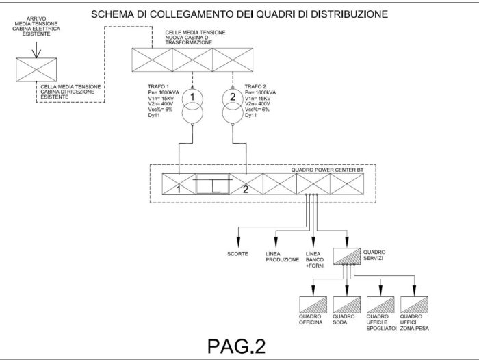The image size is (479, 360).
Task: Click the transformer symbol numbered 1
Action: click(x=194, y=105)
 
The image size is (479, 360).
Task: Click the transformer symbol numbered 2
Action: click(x=232, y=105)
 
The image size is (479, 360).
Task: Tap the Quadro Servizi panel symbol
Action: click(x=348, y=256)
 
